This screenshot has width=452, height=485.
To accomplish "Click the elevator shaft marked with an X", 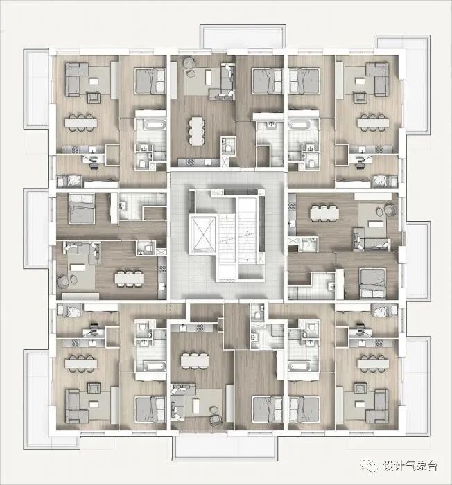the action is click(203, 233).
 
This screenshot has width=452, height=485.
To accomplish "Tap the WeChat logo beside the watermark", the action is click(370, 465).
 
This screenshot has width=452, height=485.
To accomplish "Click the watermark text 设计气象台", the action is click(410, 465).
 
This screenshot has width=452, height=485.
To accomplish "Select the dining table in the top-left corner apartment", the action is click(81, 123).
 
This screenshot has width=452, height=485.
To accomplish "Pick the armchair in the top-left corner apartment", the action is click(94, 98).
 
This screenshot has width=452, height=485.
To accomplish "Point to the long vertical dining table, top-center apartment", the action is click(197, 131).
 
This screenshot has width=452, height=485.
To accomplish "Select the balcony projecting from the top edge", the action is click(243, 37).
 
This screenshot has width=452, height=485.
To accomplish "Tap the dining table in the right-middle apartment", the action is click(324, 213).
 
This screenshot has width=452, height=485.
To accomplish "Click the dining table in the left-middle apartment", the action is click(129, 278).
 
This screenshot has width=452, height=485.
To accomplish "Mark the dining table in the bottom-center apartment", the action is click(195, 360).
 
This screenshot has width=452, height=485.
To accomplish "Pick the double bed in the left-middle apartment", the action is click(82, 209).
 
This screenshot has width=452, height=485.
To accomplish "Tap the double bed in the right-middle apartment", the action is click(373, 283).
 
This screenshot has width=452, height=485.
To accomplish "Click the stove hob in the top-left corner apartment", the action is click(76, 150).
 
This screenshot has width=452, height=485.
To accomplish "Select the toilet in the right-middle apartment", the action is click(307, 245).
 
